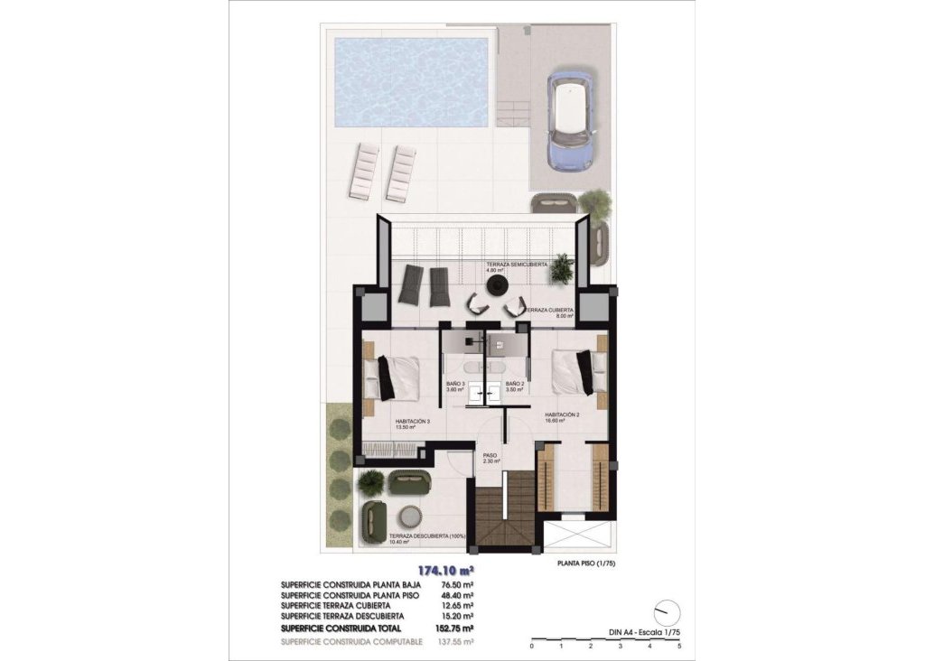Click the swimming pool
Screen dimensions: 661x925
(412, 81)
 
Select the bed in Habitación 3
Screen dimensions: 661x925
(393, 377)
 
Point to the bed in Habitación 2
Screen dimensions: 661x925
(579, 372)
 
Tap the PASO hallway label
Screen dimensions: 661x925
(491, 455)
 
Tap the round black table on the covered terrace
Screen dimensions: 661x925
(496, 285)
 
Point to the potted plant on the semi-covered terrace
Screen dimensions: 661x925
(562, 267)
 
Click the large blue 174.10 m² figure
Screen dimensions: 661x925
(445, 571)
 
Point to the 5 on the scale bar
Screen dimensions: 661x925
(678, 647)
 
